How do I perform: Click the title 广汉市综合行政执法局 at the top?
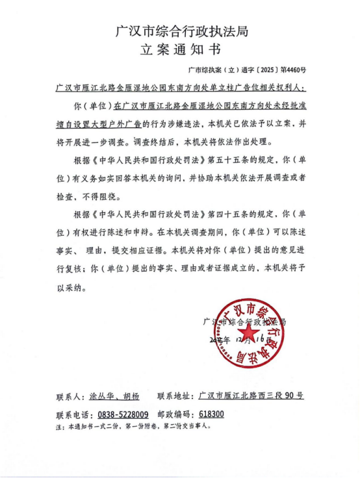181,30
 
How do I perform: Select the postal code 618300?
212,414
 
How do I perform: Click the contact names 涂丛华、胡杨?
114,396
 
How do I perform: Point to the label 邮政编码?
175,414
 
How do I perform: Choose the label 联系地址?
175,396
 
